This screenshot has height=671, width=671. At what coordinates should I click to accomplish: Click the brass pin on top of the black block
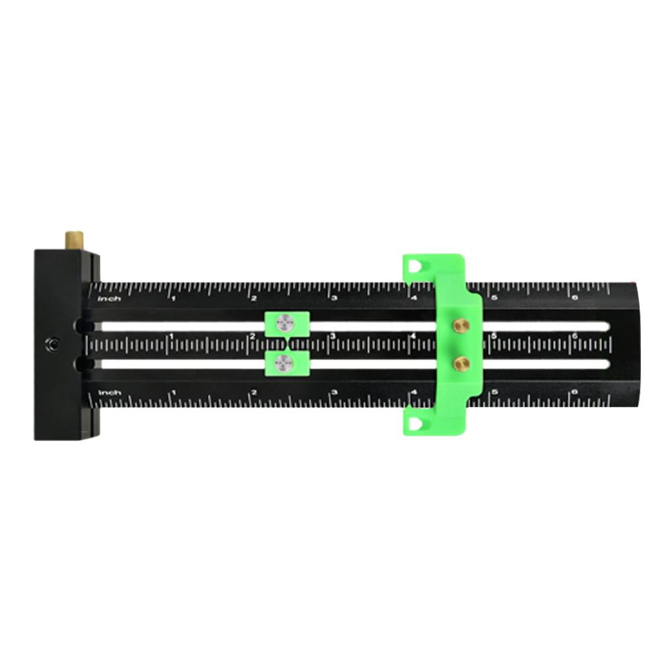74,239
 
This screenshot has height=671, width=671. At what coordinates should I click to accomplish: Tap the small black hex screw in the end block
53,345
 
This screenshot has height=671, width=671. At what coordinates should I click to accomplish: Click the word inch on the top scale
109,298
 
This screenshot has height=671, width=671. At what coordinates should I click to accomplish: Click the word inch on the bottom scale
109,392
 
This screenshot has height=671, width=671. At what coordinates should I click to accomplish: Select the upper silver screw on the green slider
284,324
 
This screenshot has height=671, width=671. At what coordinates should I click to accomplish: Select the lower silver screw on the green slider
284,363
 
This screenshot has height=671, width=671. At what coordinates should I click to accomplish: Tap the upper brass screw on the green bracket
460,325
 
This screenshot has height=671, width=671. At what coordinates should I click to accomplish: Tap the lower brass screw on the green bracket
460,363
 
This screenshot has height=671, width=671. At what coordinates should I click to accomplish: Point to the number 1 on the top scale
173,298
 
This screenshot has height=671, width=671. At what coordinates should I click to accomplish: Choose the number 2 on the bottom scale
253,393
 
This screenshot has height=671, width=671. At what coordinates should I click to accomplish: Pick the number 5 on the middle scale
494,337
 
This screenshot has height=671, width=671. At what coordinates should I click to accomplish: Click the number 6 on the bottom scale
574,393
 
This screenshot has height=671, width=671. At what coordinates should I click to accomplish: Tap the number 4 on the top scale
414,298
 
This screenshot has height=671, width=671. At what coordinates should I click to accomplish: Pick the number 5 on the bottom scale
494,393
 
